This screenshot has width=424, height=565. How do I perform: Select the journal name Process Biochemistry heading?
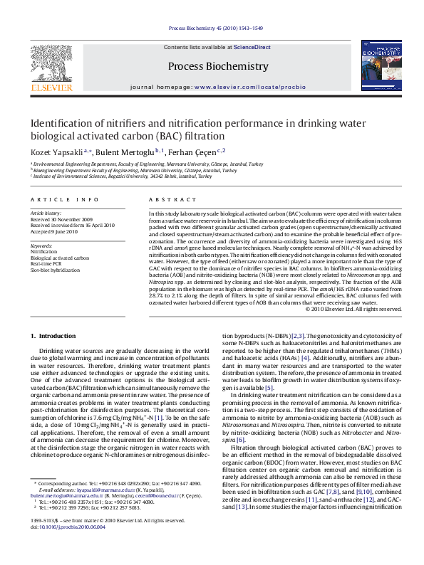(x=217, y=66)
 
